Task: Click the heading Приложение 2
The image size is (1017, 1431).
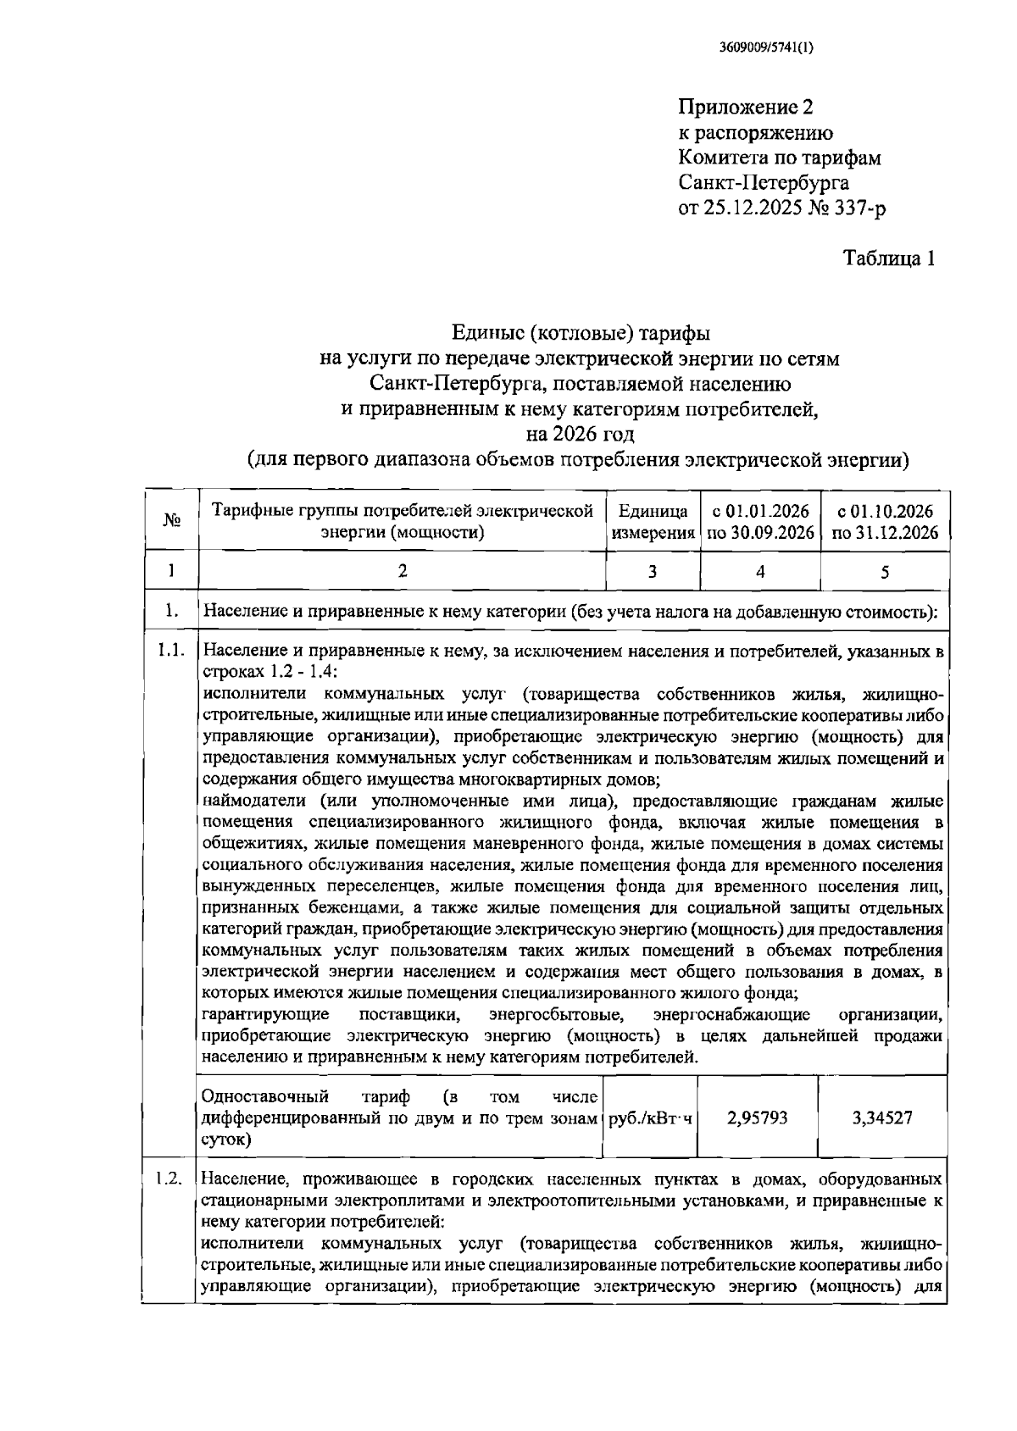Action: (745, 108)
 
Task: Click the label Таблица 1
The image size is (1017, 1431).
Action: (888, 258)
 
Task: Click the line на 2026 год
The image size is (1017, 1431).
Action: (580, 435)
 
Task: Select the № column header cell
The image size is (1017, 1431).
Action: (171, 521)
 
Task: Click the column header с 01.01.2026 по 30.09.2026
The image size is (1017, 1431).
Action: (760, 522)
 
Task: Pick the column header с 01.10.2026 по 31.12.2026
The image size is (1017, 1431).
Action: (884, 522)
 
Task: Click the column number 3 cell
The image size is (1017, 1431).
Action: (653, 572)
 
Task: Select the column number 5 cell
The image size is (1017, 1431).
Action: (884, 572)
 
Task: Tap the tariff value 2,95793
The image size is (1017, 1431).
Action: (758, 1118)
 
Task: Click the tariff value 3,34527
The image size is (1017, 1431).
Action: (882, 1118)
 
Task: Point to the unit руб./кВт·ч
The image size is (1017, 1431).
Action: (650, 1118)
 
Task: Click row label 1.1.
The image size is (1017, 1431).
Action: (169, 651)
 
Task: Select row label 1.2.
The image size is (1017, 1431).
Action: (169, 1179)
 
